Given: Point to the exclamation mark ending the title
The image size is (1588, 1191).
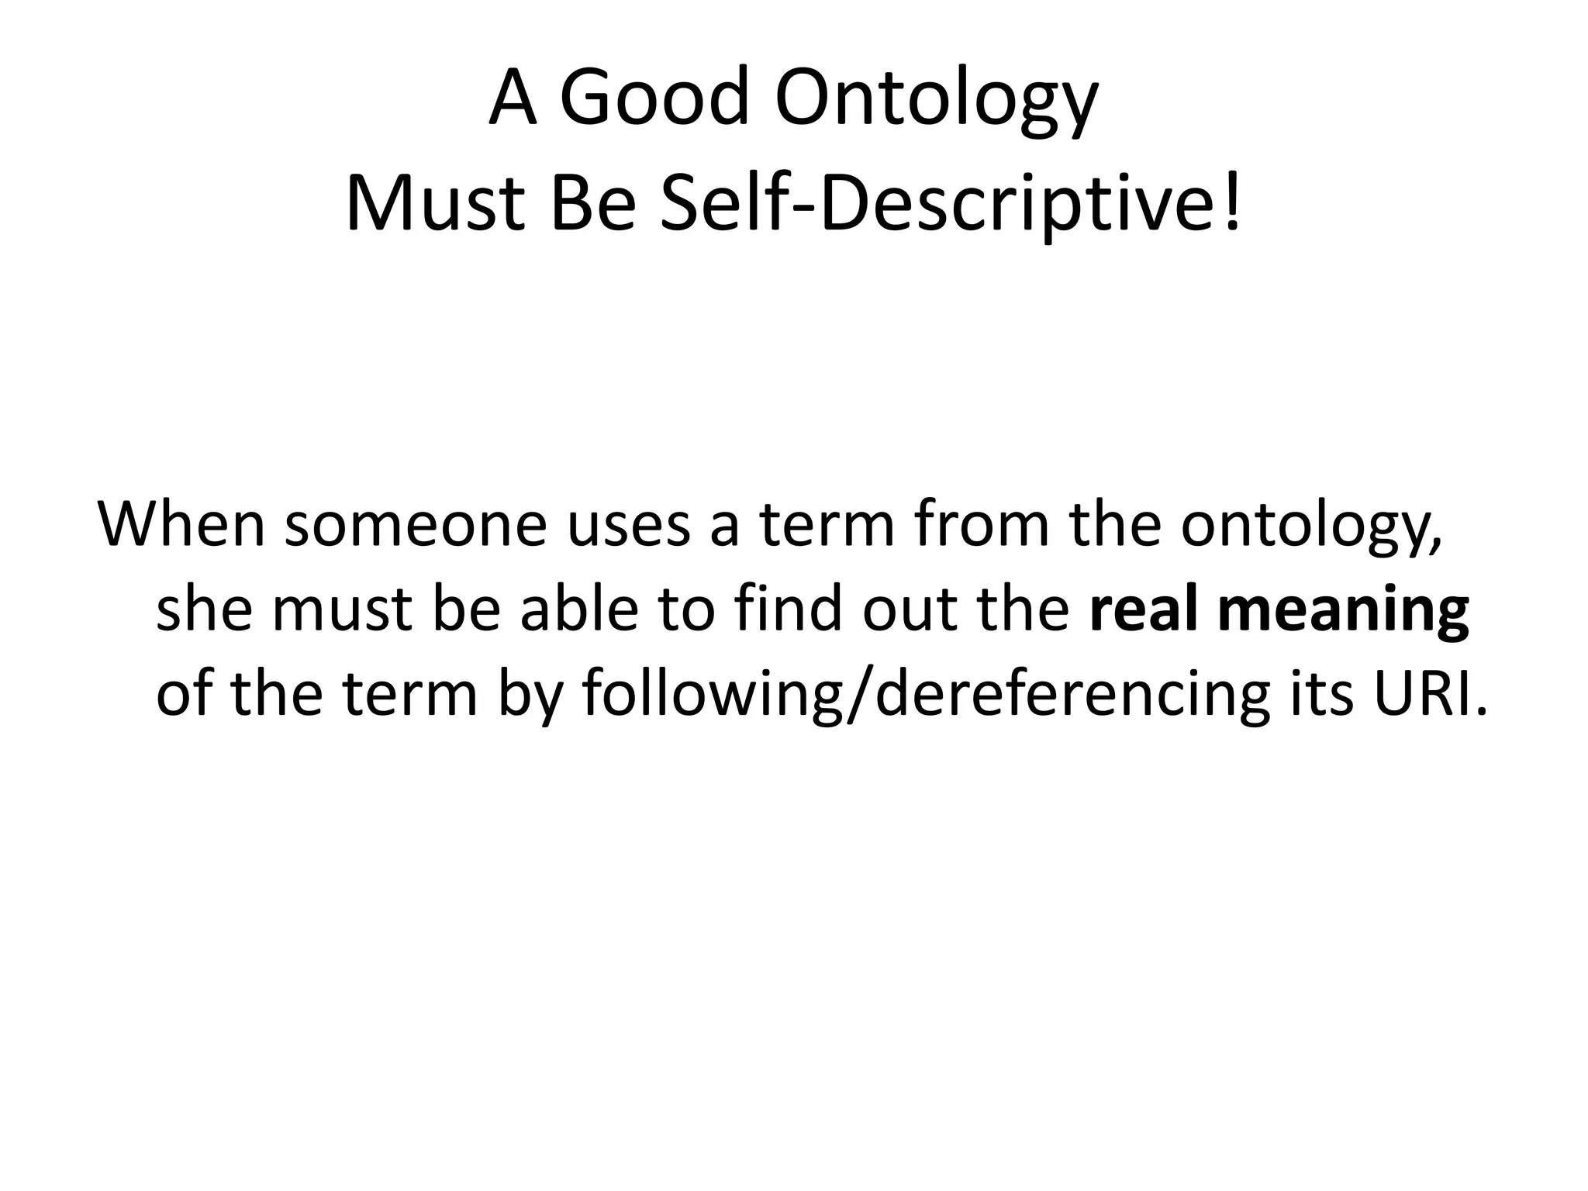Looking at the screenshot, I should click(x=1232, y=205).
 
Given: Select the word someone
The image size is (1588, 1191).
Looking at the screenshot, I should click(x=416, y=524).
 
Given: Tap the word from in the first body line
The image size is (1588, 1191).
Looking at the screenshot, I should click(x=980, y=524).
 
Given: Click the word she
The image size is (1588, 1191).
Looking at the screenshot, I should click(x=204, y=609).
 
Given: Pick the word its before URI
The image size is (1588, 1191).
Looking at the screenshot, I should click(x=1324, y=693).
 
